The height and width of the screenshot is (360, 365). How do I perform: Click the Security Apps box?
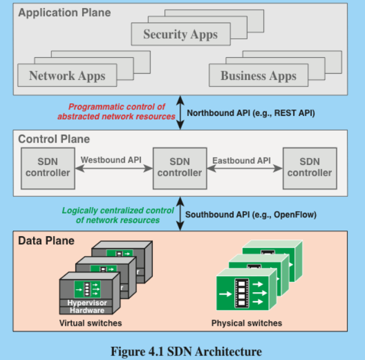(180, 34)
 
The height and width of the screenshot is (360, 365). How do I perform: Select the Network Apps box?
(67, 75)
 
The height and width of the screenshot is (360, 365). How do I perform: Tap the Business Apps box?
(258, 75)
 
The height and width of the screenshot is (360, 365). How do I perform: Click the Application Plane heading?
(64, 12)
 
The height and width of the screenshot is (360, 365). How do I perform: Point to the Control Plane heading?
(54, 139)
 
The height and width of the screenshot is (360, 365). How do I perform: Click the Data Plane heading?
(46, 241)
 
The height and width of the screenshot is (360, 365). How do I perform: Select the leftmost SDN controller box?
(48, 167)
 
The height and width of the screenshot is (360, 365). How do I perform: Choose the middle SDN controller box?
(180, 167)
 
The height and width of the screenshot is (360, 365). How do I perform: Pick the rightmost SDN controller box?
(309, 167)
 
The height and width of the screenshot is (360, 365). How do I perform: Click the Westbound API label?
(111, 160)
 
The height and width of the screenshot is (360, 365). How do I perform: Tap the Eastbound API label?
(241, 160)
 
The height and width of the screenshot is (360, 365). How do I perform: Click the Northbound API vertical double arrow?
(180, 112)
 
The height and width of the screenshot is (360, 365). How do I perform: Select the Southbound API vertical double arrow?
(180, 214)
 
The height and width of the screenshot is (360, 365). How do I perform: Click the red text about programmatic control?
(117, 111)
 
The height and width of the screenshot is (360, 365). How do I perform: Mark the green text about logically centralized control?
(117, 215)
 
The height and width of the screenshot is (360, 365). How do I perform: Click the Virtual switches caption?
(91, 323)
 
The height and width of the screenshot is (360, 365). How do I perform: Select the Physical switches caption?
(246, 323)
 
